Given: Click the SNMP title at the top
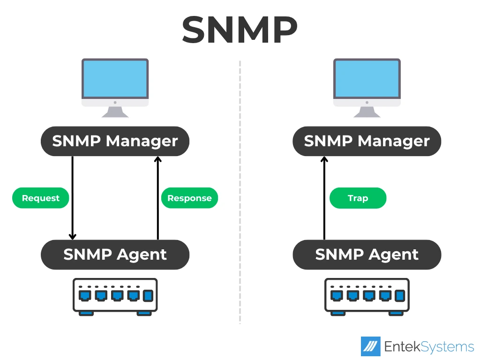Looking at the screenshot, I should (240, 29).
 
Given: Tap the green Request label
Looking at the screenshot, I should (41, 198).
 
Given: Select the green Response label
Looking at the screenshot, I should (189, 198).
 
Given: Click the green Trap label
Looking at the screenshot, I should (358, 198).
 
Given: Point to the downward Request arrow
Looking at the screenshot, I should (73, 197).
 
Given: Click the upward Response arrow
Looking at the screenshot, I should (157, 197).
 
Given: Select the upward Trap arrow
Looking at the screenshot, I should (324, 197).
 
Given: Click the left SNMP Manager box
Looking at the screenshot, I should (115, 141).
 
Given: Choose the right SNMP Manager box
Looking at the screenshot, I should (367, 141).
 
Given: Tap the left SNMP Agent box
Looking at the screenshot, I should (115, 255).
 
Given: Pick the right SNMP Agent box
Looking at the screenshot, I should (367, 255).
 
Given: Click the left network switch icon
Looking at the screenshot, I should (115, 296).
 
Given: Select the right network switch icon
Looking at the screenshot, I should (367, 296).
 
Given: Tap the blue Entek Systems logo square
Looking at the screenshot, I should (370, 346).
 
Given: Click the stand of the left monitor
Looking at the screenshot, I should (115, 112).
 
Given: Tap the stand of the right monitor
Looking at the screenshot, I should (367, 112).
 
